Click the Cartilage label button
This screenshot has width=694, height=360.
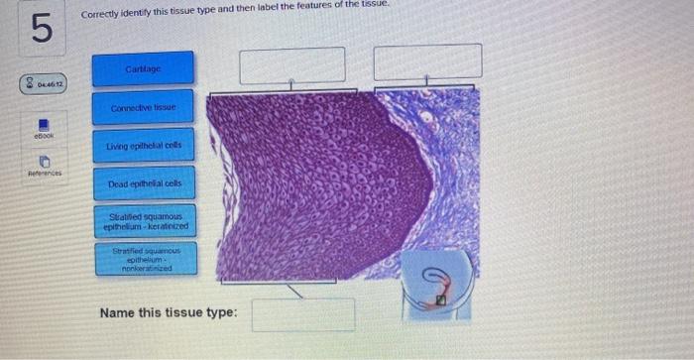point(143,67)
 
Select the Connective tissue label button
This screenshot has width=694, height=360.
point(143,107)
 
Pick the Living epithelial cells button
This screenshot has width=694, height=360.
point(143,147)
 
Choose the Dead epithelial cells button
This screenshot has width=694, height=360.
point(143,184)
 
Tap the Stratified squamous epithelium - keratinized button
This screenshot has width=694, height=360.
point(143,221)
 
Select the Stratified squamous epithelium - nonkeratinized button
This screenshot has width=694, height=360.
point(143,260)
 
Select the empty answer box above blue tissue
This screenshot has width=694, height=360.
point(427,61)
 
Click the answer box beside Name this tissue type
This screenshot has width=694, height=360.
point(302,314)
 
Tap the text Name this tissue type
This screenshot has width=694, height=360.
point(168,313)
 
